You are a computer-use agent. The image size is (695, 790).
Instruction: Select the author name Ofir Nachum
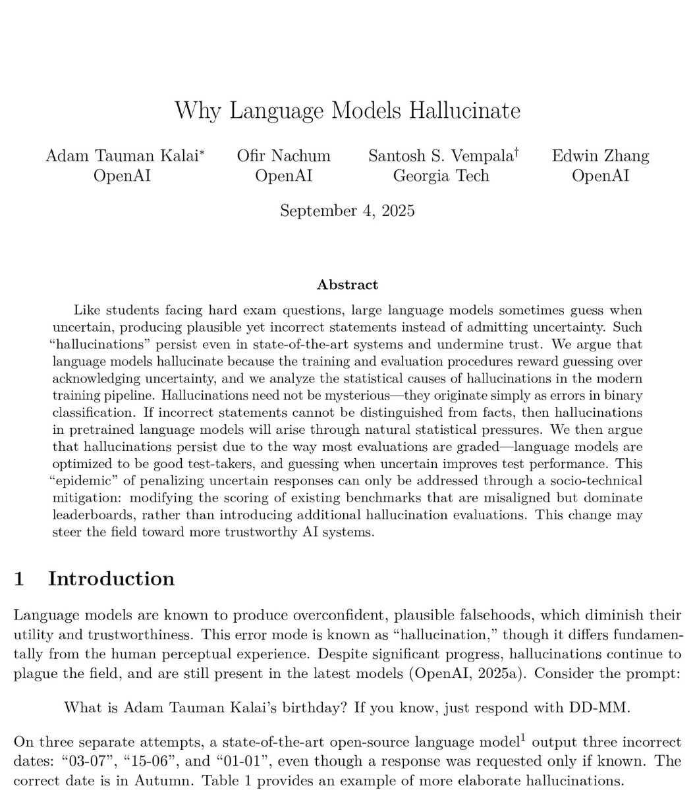pyautogui.click(x=283, y=156)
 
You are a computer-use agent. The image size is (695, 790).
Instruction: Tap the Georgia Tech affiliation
pyautogui.click(x=441, y=176)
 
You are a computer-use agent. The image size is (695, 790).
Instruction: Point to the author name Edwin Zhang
pyautogui.click(x=600, y=156)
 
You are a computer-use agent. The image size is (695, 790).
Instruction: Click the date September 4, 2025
pyautogui.click(x=347, y=211)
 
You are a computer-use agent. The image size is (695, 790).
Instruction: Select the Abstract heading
pyautogui.click(x=347, y=285)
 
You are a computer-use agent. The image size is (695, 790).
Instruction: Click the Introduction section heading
pyautogui.click(x=111, y=579)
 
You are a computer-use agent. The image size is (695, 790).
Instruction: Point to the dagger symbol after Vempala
pyautogui.click(x=517, y=152)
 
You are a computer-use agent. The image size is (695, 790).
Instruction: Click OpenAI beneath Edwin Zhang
pyautogui.click(x=600, y=176)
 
